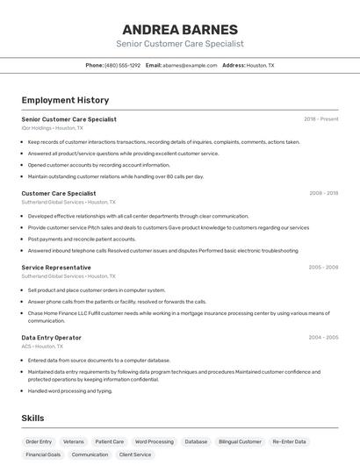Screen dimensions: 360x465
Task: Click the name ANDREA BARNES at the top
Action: click(179, 29)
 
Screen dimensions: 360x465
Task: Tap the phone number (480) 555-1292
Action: click(122, 65)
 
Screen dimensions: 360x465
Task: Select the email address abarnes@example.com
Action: click(190, 65)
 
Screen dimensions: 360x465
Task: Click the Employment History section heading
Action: click(65, 100)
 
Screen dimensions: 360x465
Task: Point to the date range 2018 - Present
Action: click(321, 119)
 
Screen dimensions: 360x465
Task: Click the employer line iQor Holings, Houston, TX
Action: click(53, 128)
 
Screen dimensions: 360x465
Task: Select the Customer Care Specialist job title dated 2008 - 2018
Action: click(59, 193)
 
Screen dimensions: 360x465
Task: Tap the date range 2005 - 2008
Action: click(323, 268)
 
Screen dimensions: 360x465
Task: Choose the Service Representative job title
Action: click(56, 268)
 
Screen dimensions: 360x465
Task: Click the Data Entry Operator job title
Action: click(52, 338)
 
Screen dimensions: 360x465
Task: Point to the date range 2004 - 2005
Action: click(323, 338)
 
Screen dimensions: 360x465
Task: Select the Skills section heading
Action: click(32, 418)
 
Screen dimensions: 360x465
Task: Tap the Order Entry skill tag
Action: click(39, 442)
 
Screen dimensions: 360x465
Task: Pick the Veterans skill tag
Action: click(74, 442)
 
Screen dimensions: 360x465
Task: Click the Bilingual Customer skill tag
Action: click(240, 442)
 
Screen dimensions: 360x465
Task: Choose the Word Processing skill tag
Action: click(155, 442)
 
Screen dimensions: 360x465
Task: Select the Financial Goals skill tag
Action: click(43, 455)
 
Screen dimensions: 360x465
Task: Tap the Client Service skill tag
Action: click(135, 455)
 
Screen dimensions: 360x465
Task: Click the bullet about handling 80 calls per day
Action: click(116, 176)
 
